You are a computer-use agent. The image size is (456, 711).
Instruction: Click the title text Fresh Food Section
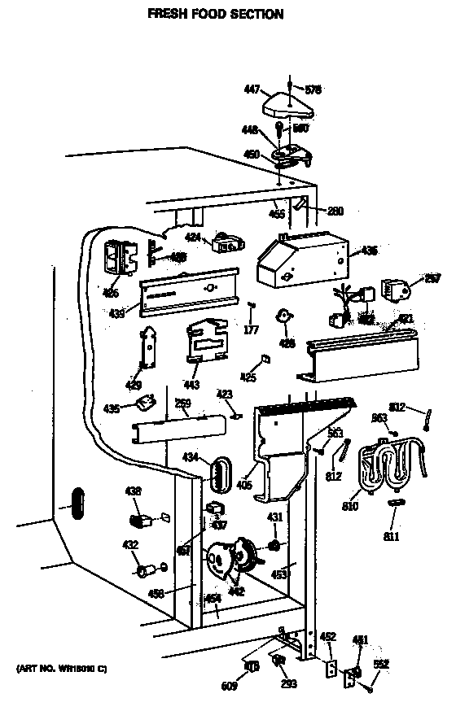point(215,14)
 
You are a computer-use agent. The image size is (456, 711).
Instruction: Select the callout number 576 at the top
point(313,89)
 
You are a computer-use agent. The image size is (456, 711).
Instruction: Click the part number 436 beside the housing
point(369,251)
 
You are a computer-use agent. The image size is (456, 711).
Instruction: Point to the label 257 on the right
point(432,278)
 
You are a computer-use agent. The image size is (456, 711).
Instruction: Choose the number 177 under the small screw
point(252,329)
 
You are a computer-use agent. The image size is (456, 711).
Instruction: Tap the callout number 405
point(243,486)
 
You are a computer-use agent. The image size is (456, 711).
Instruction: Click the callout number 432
point(129,544)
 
